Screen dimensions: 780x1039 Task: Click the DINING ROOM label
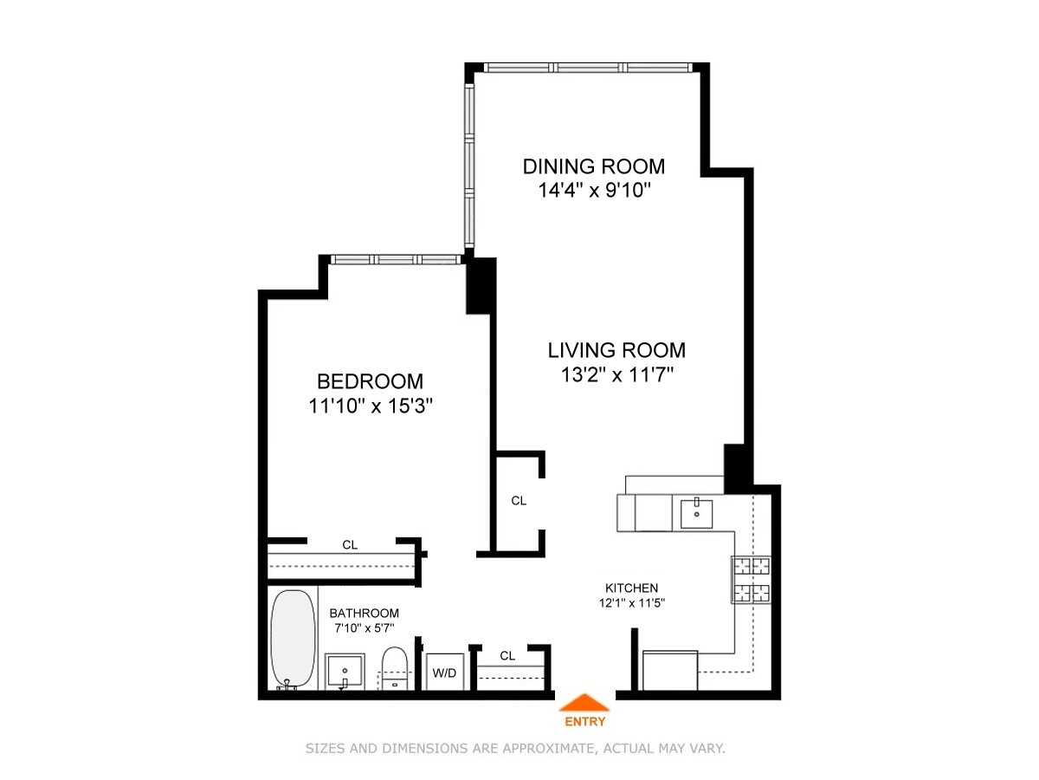594,166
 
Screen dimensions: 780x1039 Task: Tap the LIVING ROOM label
616,350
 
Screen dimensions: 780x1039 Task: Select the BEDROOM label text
370,381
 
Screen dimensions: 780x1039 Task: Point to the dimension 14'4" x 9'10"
594,190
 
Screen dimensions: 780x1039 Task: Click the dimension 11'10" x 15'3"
370,406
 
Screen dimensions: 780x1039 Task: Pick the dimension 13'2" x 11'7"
616,374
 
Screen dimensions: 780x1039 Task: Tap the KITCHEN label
631,588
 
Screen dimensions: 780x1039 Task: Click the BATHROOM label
364,613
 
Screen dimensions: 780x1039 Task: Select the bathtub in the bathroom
293,640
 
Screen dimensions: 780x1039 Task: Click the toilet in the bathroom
395,668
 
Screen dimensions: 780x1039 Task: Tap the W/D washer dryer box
444,672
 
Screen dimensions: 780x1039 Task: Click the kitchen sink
696,512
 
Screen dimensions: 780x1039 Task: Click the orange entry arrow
585,703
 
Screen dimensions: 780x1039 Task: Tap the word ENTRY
585,721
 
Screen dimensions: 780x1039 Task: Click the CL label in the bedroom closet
350,545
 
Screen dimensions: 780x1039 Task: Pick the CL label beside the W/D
507,656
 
